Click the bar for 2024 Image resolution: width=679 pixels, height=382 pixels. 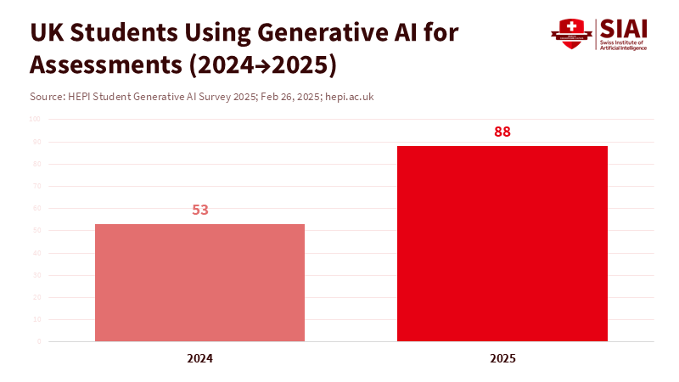[x=199, y=282]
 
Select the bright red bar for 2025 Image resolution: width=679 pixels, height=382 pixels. [x=502, y=244]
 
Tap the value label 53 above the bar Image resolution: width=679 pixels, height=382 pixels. [x=200, y=209]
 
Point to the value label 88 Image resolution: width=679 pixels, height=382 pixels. [x=502, y=132]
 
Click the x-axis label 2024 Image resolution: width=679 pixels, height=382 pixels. [x=200, y=358]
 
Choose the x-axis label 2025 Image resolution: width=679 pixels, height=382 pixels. [x=502, y=358]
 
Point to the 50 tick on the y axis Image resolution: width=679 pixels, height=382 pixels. [x=36, y=230]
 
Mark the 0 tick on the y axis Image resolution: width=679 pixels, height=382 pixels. [x=38, y=341]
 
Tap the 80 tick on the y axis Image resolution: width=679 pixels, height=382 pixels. [x=36, y=164]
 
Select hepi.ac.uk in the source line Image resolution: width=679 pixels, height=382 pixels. [x=349, y=97]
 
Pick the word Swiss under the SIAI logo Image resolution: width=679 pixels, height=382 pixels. [x=610, y=42]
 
